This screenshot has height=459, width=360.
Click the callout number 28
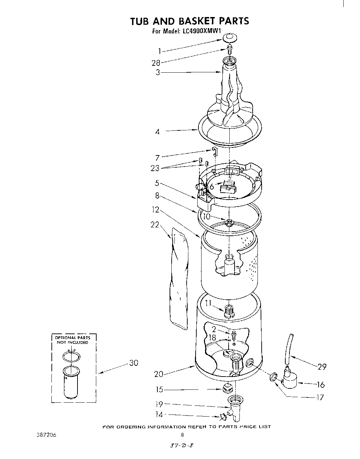(x=156, y=63)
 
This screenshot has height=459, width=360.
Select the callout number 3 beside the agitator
(x=158, y=73)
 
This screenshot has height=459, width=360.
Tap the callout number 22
(x=155, y=225)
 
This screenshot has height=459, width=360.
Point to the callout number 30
(x=134, y=363)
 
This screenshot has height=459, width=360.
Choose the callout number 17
(x=320, y=397)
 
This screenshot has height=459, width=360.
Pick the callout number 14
(x=158, y=414)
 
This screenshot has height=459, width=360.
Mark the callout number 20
(x=158, y=374)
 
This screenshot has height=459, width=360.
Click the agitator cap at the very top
(x=229, y=37)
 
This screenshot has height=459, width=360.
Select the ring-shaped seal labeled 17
(x=273, y=376)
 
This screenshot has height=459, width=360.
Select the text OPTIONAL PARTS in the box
(x=72, y=338)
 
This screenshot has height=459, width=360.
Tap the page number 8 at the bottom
(x=182, y=434)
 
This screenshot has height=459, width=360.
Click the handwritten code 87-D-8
(x=180, y=446)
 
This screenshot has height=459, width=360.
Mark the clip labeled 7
(x=214, y=151)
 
